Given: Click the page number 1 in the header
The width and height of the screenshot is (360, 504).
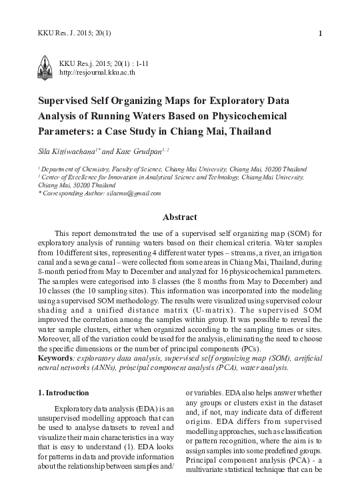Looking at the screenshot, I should [x=321, y=33].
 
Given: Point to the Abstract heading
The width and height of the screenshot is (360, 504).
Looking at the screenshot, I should [x=180, y=217].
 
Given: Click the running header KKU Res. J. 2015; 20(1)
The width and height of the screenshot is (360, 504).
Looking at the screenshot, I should [x=75, y=33].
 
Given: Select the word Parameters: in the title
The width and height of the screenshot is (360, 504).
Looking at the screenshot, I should [x=67, y=131].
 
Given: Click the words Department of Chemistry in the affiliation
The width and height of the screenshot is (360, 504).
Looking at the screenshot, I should [x=74, y=170].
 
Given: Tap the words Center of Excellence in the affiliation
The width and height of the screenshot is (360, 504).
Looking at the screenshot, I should [x=73, y=178].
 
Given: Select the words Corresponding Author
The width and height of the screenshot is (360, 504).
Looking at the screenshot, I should [x=73, y=193].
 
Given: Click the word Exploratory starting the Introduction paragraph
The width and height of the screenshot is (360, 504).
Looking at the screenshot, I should [x=78, y=407].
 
